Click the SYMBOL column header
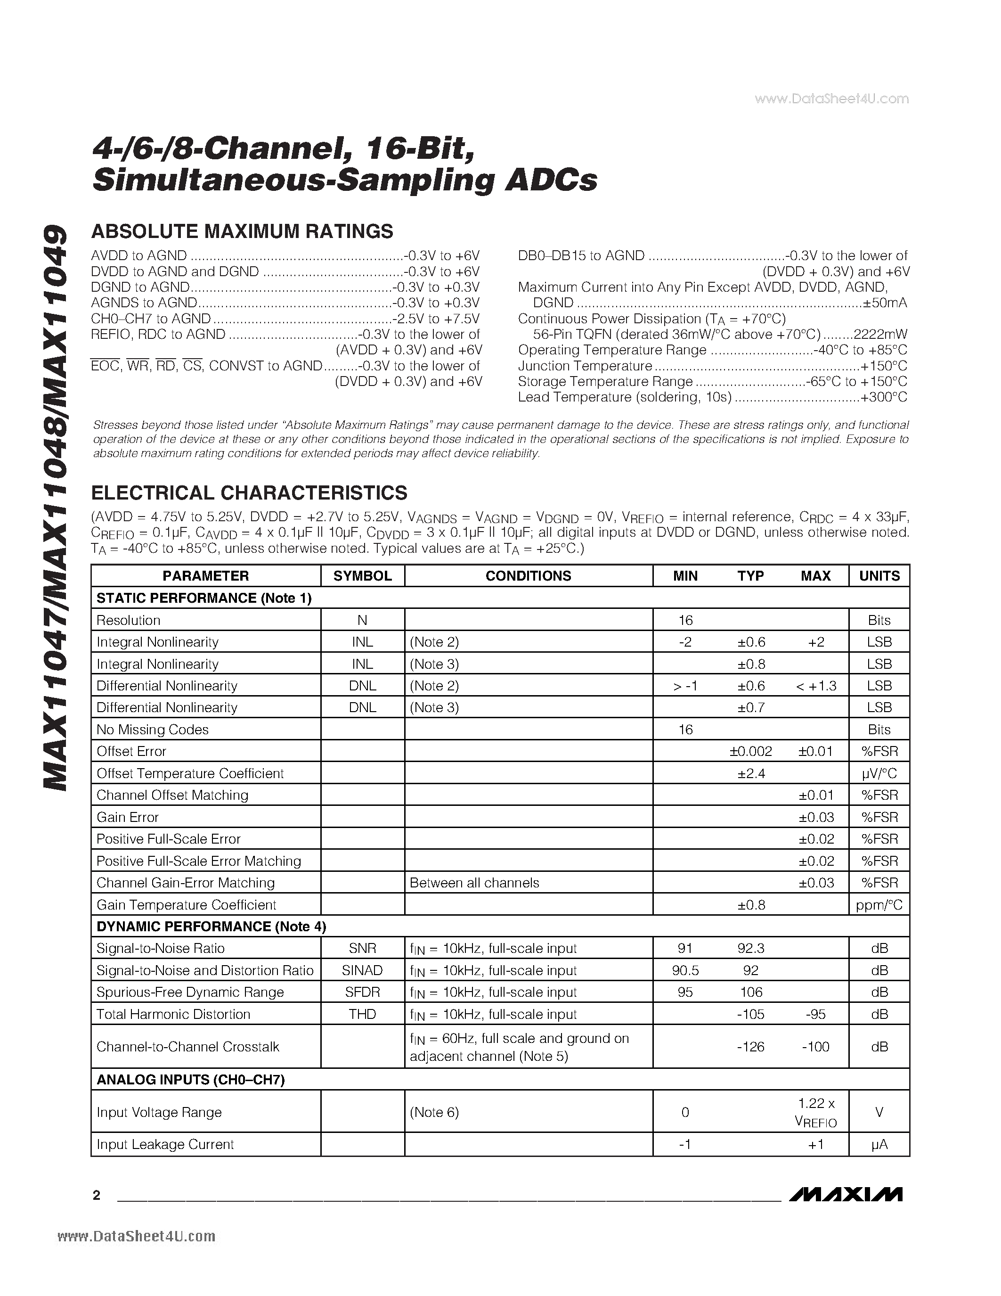[x=362, y=575]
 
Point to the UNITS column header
[x=879, y=575]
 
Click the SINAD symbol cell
[x=362, y=970]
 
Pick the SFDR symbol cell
[x=362, y=992]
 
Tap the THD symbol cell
[x=362, y=1014]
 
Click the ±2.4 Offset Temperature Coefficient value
[x=751, y=773]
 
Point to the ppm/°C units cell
[x=879, y=905]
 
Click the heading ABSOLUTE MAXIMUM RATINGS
[x=242, y=231]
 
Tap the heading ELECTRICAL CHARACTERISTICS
[x=249, y=493]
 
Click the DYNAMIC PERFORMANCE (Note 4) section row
[x=211, y=927]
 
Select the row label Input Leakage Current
[x=165, y=1144]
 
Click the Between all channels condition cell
[x=474, y=883]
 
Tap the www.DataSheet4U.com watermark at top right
[x=831, y=99]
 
